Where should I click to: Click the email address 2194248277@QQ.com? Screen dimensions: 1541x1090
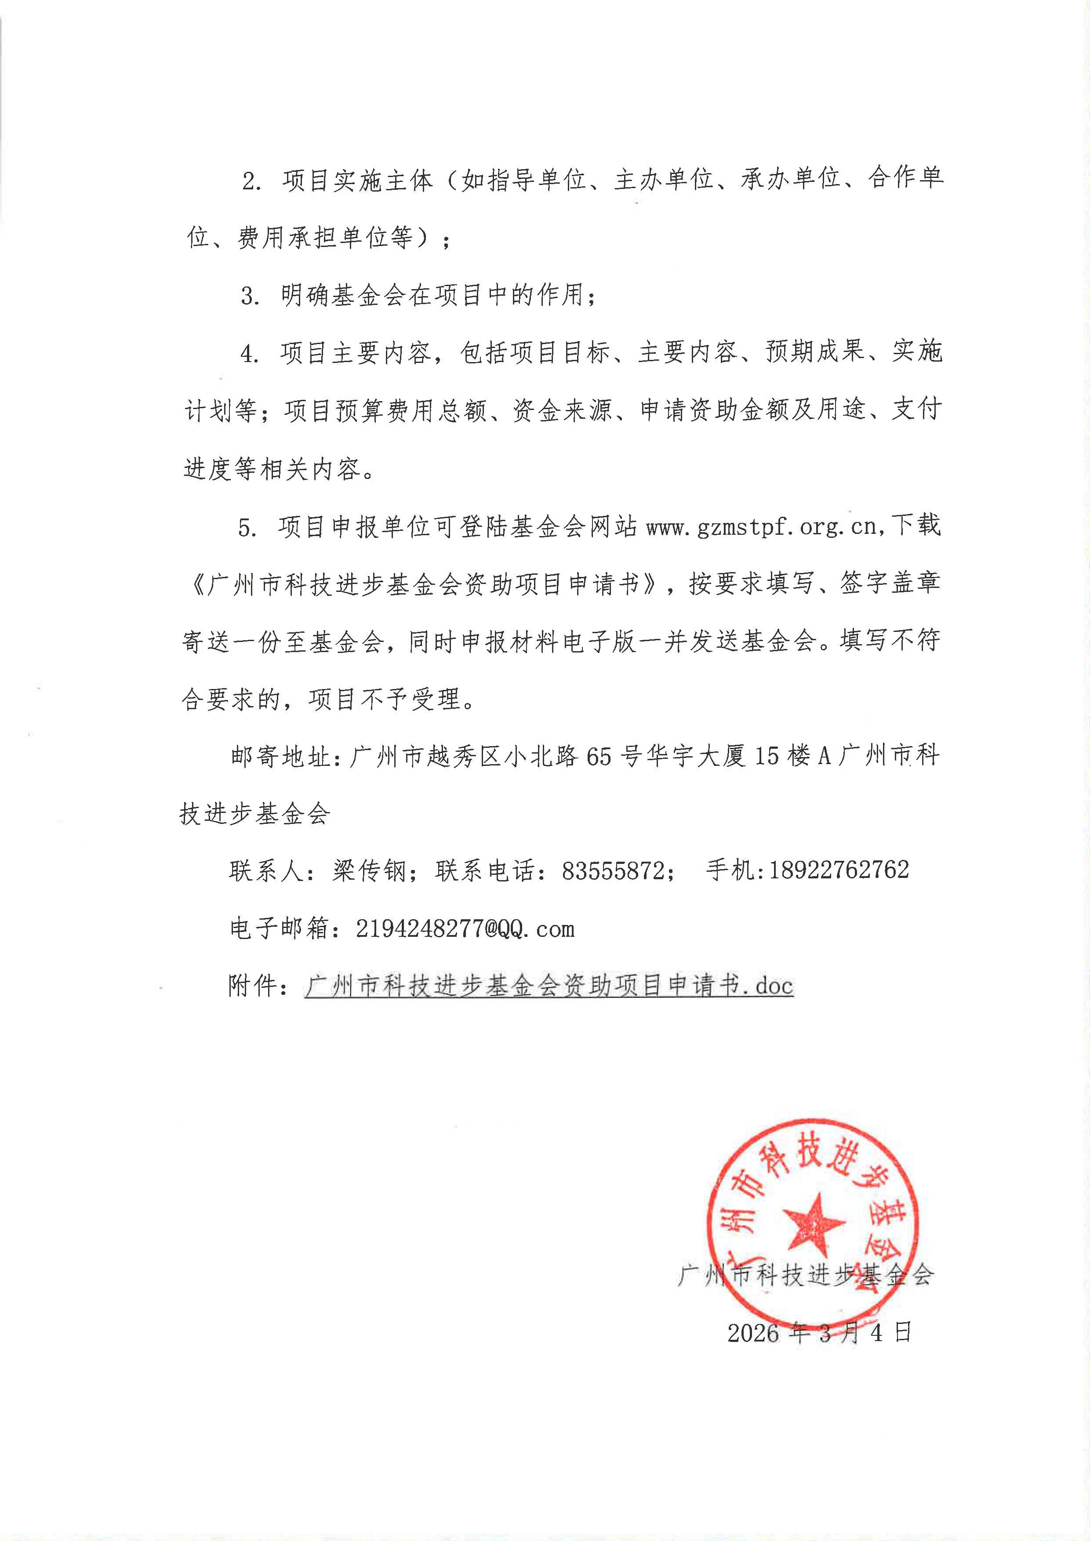[x=465, y=929]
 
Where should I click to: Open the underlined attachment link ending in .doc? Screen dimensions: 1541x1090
[x=549, y=986]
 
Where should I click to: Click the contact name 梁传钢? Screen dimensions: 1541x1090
[x=369, y=871]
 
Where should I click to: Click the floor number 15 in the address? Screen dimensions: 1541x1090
[x=768, y=756]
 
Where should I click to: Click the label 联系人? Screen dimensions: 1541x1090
[x=266, y=871]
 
